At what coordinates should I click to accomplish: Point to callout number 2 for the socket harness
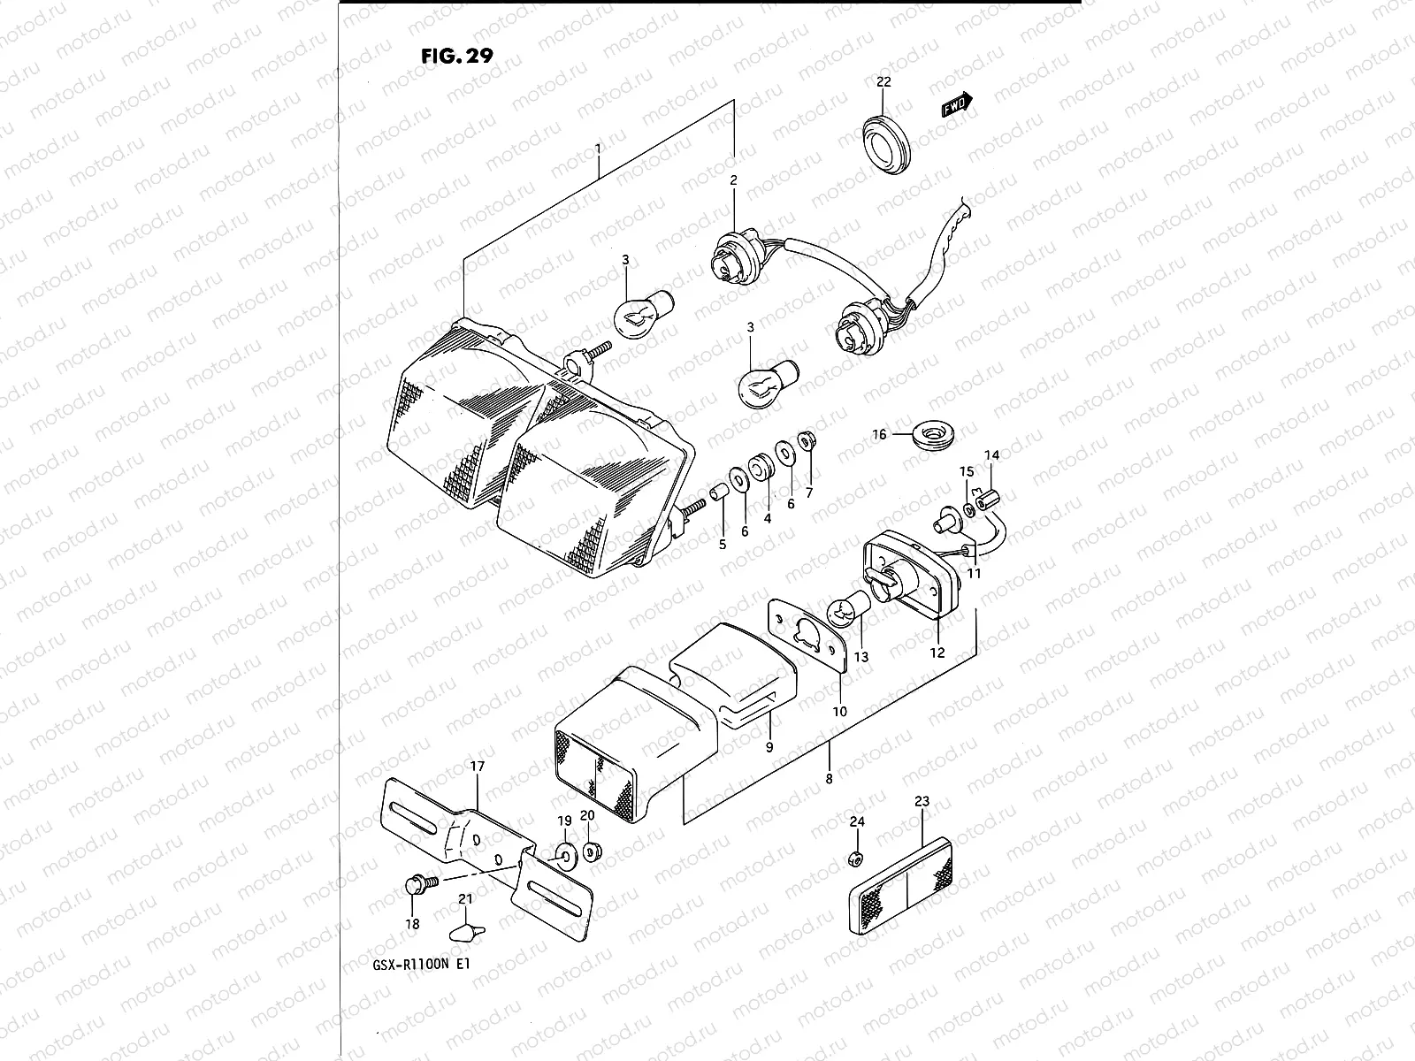tap(733, 180)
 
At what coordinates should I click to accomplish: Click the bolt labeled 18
tap(417, 884)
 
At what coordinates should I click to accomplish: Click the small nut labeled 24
tap(855, 859)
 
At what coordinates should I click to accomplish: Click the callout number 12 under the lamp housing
tap(937, 653)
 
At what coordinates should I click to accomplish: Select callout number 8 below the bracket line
tap(829, 779)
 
